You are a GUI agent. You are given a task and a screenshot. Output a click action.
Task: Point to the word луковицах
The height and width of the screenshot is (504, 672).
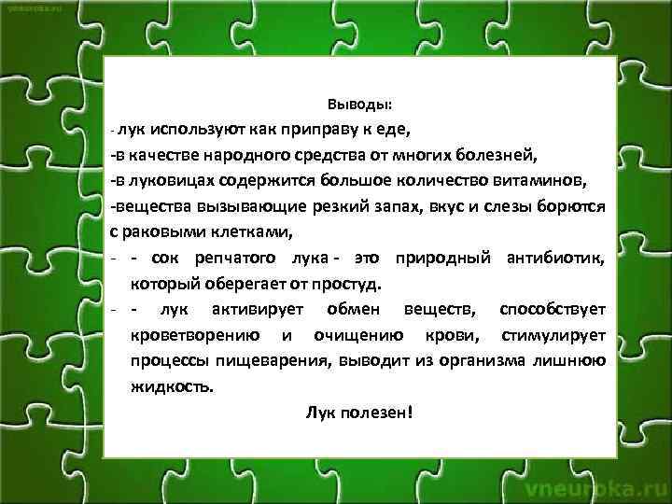pyautogui.click(x=172, y=179)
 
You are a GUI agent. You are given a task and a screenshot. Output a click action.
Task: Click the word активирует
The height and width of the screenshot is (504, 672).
pyautogui.click(x=245, y=309)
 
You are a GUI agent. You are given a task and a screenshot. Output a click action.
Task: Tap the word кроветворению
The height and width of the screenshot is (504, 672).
pyautogui.click(x=189, y=335)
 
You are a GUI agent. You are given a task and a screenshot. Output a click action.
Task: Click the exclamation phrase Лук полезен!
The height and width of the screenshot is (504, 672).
pyautogui.click(x=358, y=412)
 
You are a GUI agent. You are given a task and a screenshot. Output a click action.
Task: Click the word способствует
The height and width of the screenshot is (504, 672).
pyautogui.click(x=553, y=309)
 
